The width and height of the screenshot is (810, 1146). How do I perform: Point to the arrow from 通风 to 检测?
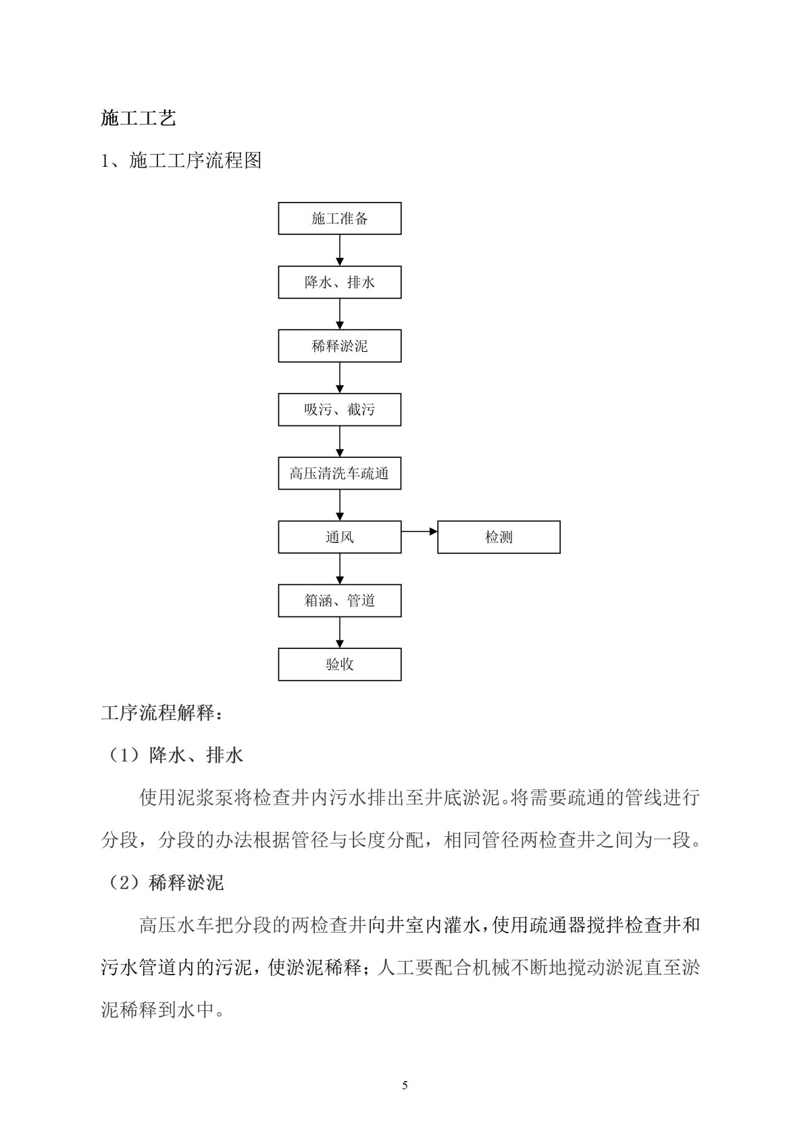pyautogui.click(x=419, y=531)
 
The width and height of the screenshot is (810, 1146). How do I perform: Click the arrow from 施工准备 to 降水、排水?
pyautogui.click(x=339, y=250)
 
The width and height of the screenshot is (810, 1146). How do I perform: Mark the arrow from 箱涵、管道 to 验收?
pyautogui.click(x=339, y=632)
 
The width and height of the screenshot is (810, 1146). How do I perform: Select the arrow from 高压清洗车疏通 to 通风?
pyautogui.click(x=339, y=505)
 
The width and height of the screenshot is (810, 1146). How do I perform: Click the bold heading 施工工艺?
pyautogui.click(x=138, y=118)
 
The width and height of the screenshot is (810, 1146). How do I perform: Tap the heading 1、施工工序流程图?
pyautogui.click(x=181, y=161)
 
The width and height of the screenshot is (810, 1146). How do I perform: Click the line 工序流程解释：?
pyautogui.click(x=161, y=712)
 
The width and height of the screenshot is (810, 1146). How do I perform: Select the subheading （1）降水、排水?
pyautogui.click(x=172, y=755)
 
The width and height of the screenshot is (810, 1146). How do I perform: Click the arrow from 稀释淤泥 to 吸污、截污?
pyautogui.click(x=339, y=377)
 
